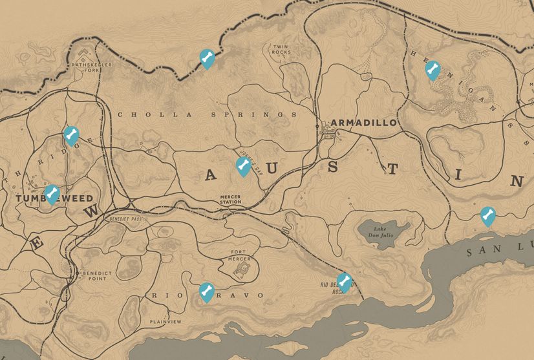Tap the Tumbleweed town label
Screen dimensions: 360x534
pos(54,198)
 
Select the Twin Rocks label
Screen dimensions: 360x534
pos(281,49)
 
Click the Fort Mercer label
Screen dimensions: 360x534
pos(240,255)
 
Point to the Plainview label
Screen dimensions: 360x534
pos(166,321)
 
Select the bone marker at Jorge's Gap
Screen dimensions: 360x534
pos(243,166)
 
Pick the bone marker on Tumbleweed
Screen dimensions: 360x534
pos(52,193)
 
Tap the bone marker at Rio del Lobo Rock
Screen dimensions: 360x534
pos(345,282)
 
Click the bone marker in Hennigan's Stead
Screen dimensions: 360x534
pos(433,69)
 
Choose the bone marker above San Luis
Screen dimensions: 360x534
pos(487,215)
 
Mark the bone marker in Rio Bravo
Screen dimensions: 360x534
pos(206,291)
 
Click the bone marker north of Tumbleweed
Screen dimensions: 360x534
pos(71,135)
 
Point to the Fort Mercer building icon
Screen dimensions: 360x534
pos(243,268)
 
